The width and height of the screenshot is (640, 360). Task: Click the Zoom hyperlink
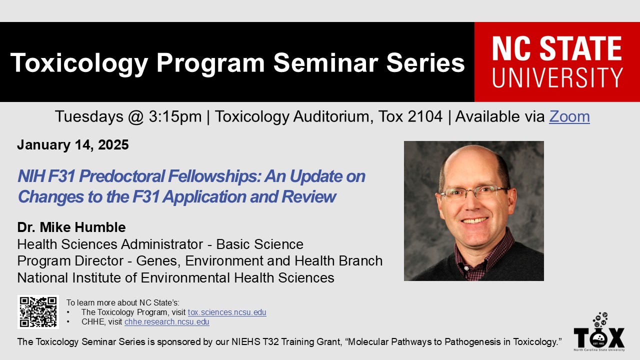569,116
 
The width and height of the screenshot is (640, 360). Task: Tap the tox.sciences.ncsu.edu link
227,312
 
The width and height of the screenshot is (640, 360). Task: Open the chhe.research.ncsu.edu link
167,321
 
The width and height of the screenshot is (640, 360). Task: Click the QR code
38,311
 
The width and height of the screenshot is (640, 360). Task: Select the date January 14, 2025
73,145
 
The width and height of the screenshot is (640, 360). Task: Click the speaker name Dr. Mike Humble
71,227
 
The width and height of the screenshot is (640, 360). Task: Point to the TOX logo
599,332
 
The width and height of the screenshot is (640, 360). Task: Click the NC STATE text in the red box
557,48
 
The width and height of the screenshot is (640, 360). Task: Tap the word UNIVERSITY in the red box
557,77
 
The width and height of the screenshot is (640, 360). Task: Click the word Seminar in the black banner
325,63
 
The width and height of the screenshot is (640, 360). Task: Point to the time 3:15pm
175,116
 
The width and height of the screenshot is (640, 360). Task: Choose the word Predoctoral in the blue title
121,176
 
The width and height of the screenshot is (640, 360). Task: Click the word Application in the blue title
204,197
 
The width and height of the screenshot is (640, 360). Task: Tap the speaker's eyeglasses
474,192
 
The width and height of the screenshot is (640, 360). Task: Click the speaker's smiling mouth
475,220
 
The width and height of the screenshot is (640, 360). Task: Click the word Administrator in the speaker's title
162,244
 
